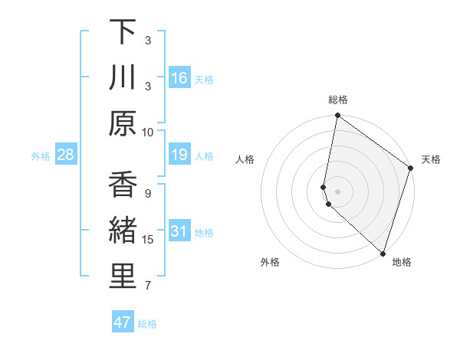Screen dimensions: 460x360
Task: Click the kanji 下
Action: click(x=123, y=32)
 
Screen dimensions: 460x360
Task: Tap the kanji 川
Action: click(x=123, y=77)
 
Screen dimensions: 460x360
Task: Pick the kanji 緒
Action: click(x=123, y=231)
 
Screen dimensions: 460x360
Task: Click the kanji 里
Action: click(x=123, y=277)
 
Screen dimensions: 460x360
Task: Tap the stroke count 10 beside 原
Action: click(x=148, y=131)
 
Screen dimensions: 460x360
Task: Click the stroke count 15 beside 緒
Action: click(x=148, y=240)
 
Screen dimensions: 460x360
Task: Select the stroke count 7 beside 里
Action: click(x=148, y=286)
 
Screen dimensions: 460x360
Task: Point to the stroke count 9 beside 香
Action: click(x=148, y=194)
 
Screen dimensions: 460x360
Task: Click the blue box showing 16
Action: click(x=179, y=78)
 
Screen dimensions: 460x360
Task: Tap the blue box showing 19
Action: click(x=179, y=155)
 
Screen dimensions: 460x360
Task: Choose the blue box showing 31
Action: click(x=179, y=231)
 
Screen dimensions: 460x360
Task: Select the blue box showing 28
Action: click(x=66, y=155)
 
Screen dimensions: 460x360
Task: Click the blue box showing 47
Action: click(x=123, y=322)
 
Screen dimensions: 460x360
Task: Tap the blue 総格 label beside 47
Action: click(x=147, y=324)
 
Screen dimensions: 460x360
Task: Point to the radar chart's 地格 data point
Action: click(x=383, y=253)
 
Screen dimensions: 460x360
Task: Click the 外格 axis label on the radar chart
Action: click(x=271, y=263)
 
